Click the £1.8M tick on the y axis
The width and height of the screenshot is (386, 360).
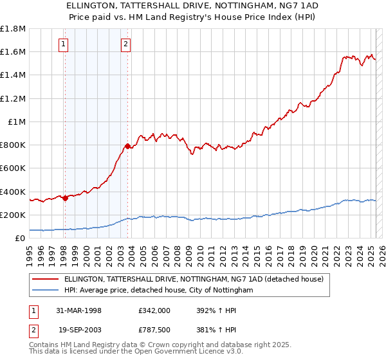[13, 29]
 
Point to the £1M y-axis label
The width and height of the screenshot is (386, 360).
[17, 122]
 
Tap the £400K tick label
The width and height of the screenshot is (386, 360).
[13, 192]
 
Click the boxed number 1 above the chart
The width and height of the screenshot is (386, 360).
[64, 44]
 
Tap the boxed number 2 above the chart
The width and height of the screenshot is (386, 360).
[125, 44]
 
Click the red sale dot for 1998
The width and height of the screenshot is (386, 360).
[65, 198]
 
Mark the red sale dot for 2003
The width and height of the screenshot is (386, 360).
[127, 146]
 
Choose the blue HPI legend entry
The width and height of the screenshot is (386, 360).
[158, 290]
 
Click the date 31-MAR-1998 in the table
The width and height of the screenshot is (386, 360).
[78, 310]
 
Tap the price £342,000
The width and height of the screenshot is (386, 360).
[154, 310]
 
